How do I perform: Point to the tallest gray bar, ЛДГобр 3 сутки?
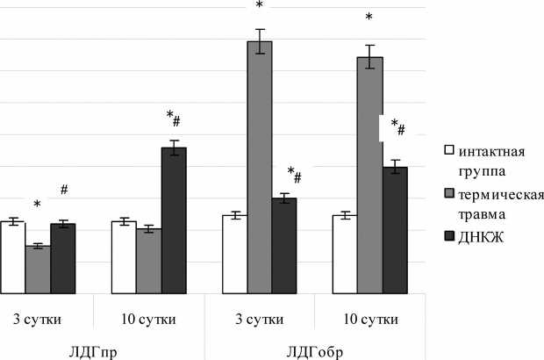click(x=260, y=167)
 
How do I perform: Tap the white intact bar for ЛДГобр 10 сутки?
click(x=345, y=255)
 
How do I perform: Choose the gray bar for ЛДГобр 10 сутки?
click(x=369, y=175)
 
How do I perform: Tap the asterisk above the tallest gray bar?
click(x=259, y=7)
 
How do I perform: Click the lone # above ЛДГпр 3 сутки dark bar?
click(x=64, y=190)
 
